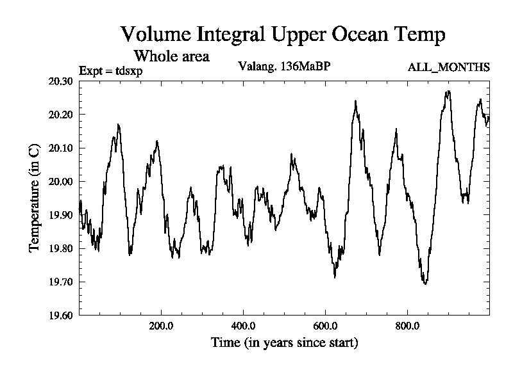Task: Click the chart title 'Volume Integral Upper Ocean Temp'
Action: coord(283,34)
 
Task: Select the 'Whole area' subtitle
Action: coord(171,56)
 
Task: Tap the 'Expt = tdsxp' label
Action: coord(110,70)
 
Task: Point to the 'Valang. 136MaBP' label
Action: coord(284,66)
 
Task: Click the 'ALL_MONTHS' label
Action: coord(449,67)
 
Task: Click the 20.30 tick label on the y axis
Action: coord(61,81)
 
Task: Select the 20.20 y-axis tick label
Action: coord(61,115)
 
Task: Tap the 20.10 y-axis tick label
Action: coord(61,148)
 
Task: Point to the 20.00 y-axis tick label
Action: coord(61,182)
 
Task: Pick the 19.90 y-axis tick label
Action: coord(61,215)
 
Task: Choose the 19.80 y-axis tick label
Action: coord(61,248)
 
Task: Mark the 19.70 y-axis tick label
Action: coord(61,282)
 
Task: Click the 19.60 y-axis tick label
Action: coord(61,315)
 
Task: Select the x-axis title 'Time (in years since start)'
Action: coord(284,343)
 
